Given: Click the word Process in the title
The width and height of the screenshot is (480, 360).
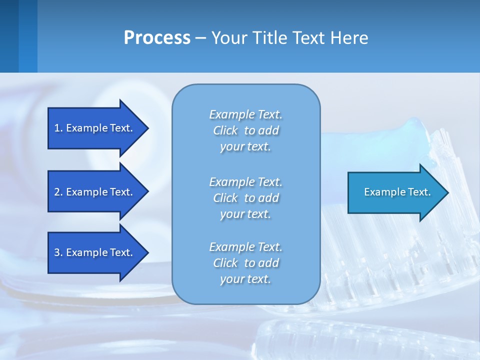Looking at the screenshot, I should [157, 38].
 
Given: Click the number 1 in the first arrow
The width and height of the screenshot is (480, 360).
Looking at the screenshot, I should [57, 128].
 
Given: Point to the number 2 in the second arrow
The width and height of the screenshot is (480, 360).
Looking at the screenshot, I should [57, 192].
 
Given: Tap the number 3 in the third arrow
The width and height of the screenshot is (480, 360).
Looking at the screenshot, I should [57, 252].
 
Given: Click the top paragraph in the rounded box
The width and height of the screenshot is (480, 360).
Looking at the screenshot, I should [245, 130].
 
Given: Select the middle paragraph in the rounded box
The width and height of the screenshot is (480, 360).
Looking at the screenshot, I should [245, 198].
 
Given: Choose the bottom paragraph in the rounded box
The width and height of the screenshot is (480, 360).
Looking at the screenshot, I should [245, 263].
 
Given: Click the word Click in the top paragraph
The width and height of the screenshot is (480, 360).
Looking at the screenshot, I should [225, 130].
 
